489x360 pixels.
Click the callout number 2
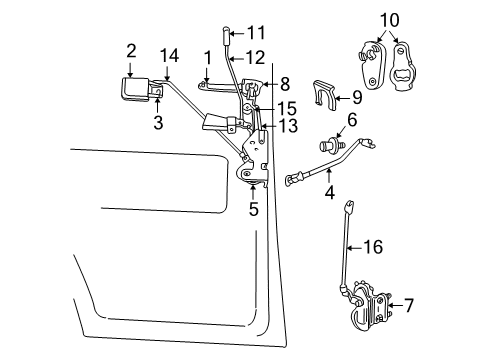(x=131, y=50)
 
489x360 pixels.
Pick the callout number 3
(x=131, y=123)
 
